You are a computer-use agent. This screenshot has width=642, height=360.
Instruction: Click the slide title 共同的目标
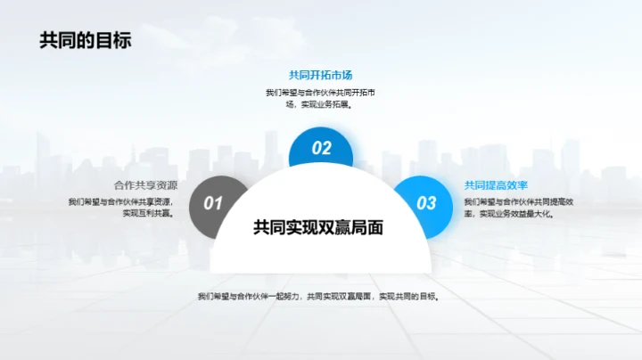click(86, 40)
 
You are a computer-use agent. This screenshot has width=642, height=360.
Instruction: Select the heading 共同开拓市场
click(321, 75)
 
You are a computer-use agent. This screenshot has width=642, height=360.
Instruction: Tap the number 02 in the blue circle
click(321, 149)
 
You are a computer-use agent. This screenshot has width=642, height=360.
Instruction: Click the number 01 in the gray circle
click(212, 203)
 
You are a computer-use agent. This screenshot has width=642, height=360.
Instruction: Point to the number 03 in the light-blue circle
click(427, 203)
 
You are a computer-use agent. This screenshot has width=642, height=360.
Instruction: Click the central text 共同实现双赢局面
click(318, 228)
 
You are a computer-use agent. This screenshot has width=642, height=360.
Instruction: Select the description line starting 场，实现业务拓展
click(318, 105)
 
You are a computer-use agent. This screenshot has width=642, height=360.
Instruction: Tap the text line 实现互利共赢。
click(148, 214)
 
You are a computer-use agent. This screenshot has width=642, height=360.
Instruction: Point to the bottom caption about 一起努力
click(319, 296)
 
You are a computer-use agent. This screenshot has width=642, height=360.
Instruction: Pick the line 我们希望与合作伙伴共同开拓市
click(320, 93)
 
